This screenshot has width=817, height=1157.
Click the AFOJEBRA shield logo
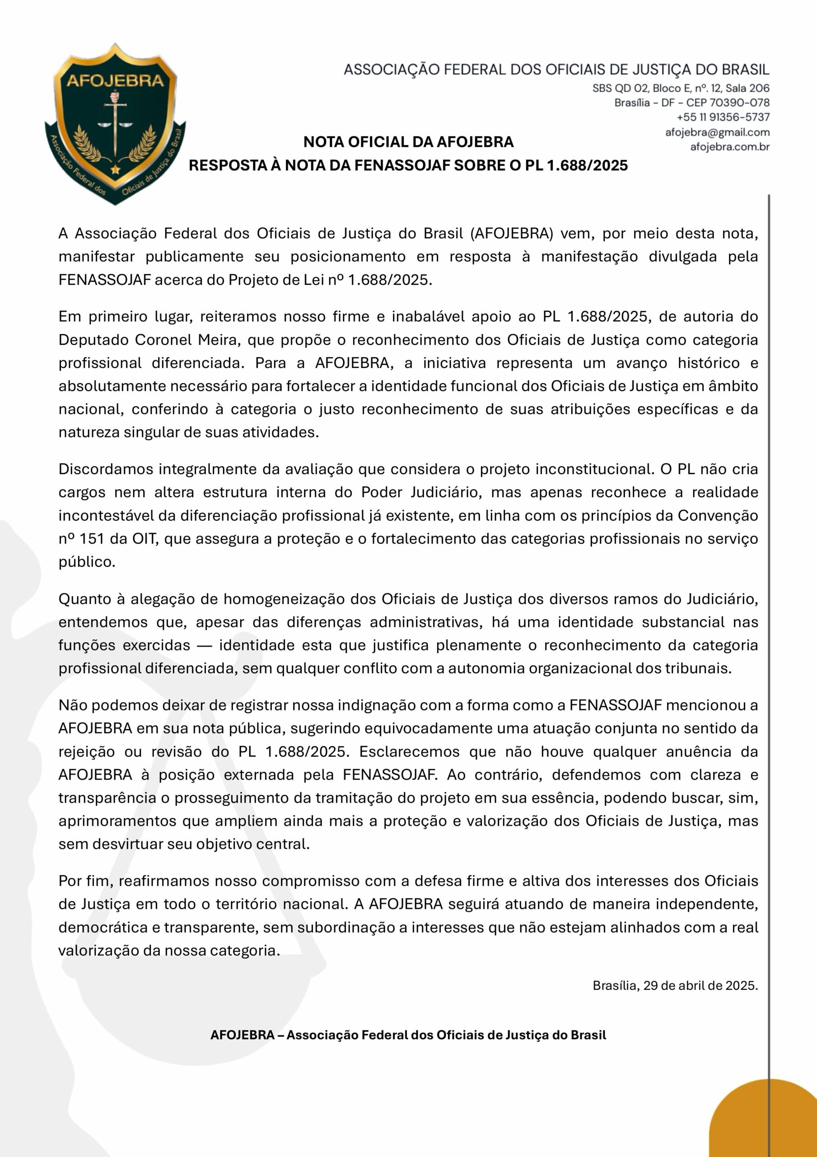tap(115, 123)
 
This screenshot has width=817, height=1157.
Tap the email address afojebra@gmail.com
tap(717, 132)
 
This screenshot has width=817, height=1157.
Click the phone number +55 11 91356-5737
tap(723, 118)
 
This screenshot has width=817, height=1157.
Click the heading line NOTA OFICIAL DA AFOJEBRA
tap(408, 142)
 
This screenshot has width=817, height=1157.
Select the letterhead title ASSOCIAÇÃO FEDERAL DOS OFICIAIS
tap(556, 70)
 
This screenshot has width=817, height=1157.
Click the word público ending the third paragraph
tap(87, 562)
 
